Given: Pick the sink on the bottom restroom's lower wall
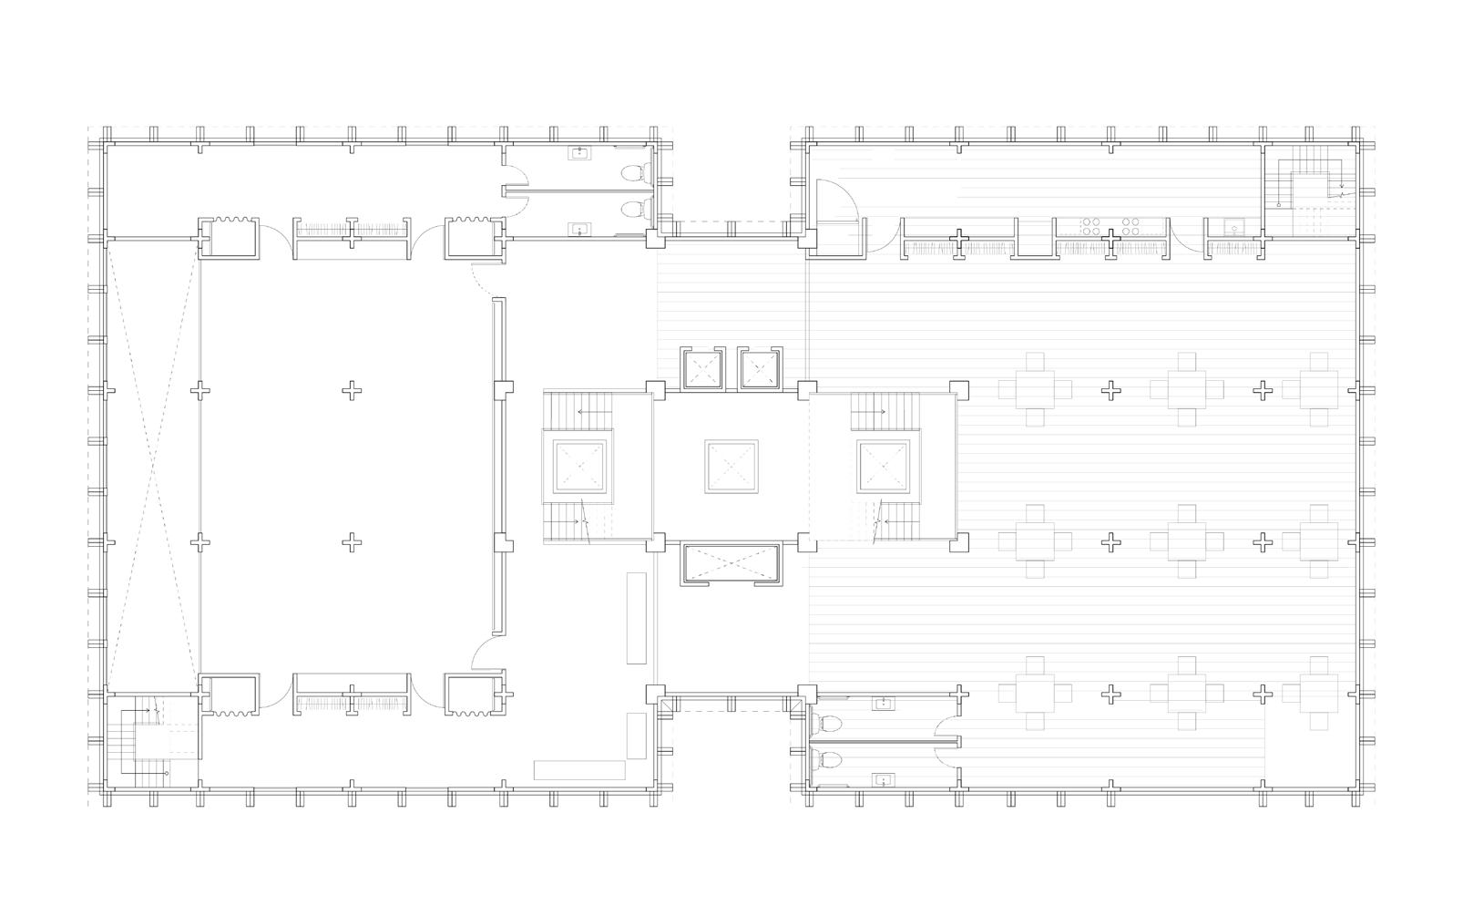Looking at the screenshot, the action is (x=881, y=779).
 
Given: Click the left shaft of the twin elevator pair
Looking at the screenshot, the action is (x=701, y=369).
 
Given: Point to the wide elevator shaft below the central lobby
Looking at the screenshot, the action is (x=731, y=565).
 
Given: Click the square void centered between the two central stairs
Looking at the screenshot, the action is (x=731, y=467).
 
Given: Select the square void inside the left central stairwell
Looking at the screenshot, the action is (x=579, y=467).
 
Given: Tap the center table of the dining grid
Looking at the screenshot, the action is (x=1186, y=542).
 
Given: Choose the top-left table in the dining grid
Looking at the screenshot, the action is (x=1035, y=390).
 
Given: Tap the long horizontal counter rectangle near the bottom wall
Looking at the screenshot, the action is (x=579, y=770).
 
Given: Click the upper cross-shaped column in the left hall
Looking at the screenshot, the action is (x=352, y=391).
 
